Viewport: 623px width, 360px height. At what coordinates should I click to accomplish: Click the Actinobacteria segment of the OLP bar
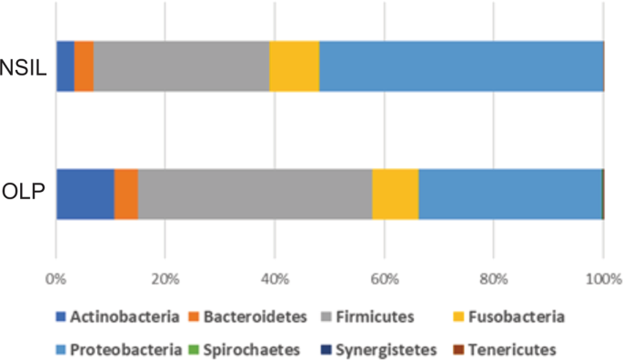tap(85, 194)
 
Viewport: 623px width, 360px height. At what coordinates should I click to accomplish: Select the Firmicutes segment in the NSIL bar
tap(182, 65)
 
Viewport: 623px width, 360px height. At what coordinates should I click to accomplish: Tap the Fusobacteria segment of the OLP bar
tap(396, 194)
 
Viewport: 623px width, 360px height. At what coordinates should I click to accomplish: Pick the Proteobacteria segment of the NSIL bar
tap(461, 65)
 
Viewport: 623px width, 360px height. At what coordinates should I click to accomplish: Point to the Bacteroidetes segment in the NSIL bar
tap(84, 65)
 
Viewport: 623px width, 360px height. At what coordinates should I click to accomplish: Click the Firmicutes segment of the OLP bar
tap(255, 194)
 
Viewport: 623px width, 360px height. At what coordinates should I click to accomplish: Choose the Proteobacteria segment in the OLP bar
tap(510, 194)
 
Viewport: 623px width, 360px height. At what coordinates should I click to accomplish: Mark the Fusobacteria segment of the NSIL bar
tap(295, 65)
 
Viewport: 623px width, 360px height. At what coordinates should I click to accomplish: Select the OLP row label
tap(25, 194)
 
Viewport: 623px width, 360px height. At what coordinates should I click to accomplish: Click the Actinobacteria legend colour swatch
tap(62, 316)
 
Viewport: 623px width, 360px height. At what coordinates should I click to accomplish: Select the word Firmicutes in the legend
tap(375, 316)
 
